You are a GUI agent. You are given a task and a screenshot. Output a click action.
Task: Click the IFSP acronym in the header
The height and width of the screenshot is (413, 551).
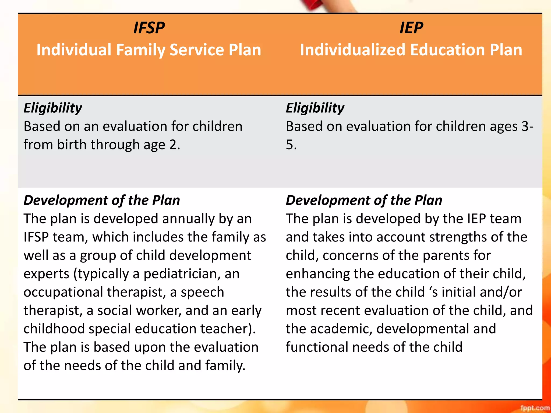pos(149,28)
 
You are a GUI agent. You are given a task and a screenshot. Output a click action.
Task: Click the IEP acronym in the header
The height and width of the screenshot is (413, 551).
pos(411,28)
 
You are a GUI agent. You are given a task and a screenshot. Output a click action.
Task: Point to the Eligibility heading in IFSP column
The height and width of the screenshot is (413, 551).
pos(53,108)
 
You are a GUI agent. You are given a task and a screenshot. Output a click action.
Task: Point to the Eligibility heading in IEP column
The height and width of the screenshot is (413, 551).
pos(315,108)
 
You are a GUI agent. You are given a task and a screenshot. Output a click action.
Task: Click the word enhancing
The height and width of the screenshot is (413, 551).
pos(317,274)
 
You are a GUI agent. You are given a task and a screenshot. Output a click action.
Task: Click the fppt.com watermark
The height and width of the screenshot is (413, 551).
pos(535,408)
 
